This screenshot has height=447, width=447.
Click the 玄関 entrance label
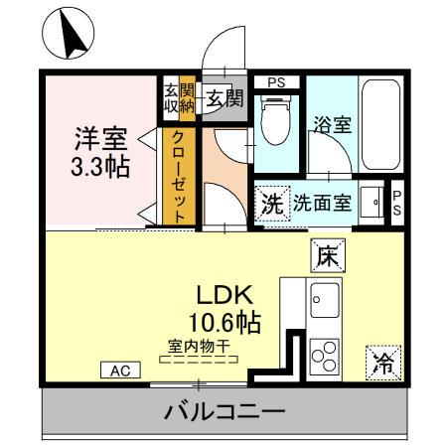click(225, 97)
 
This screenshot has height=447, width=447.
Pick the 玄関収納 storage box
click(179, 97)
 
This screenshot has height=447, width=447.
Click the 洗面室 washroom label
click(320, 204)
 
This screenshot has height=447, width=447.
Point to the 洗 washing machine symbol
click(271, 204)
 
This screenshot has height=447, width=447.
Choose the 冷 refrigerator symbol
click(382, 363)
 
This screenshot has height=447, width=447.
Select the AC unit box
click(120, 371)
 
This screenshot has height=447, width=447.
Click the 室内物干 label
click(199, 345)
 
